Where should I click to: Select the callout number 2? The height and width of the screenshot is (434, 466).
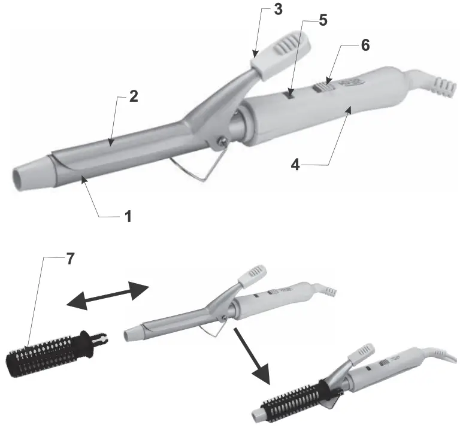134,97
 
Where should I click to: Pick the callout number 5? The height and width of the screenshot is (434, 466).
323,20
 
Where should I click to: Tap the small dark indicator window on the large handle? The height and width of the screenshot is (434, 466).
290,94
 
